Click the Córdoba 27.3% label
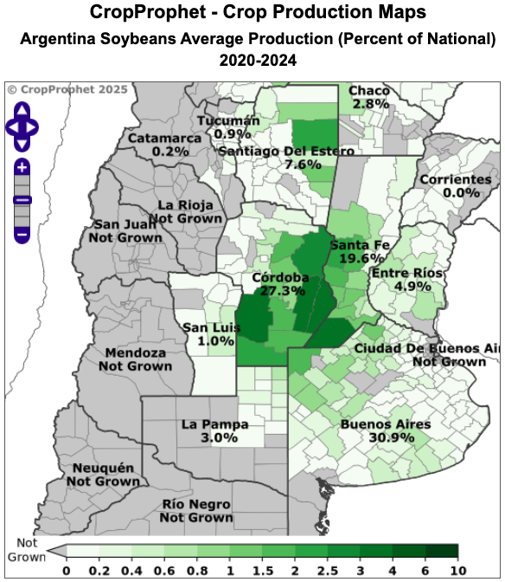click(278, 284)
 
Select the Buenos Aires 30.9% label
click(385, 431)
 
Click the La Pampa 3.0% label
click(215, 431)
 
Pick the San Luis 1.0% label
click(208, 334)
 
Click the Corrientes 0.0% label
click(455, 186)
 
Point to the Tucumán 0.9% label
click(227, 127)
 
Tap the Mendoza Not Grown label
click(135, 359)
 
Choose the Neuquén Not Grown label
click(103, 474)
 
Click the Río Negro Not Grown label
click(196, 511)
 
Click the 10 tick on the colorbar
click(456, 571)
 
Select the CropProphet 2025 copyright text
click(67, 89)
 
